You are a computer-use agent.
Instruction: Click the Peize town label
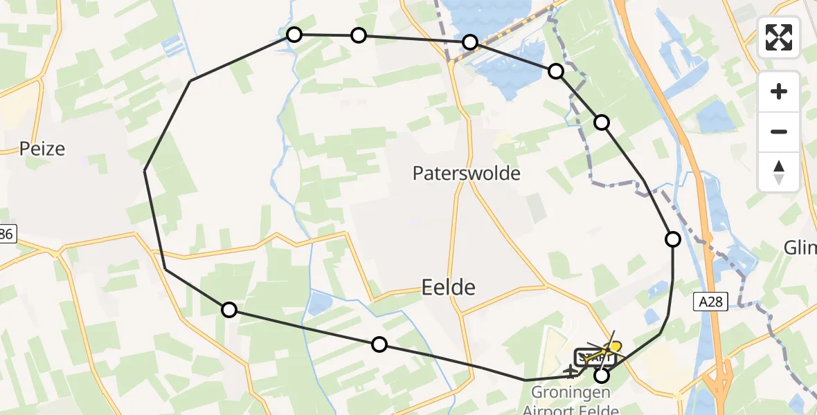(42, 148)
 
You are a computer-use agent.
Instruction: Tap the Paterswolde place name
(466, 173)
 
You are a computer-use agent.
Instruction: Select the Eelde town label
(448, 286)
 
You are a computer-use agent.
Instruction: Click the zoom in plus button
(779, 91)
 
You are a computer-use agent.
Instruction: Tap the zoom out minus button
(779, 131)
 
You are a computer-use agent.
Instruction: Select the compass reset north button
(779, 172)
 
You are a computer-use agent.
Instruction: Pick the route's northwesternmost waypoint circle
(294, 35)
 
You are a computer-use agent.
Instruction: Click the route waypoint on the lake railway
(470, 42)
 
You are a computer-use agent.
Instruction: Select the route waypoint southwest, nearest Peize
(229, 310)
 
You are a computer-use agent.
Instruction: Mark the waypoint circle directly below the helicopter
(602, 376)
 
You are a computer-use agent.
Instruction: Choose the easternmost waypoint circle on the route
(672, 239)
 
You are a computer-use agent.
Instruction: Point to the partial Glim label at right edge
(801, 248)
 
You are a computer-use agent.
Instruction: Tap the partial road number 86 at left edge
(7, 235)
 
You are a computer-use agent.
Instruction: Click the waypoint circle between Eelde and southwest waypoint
(379, 344)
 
